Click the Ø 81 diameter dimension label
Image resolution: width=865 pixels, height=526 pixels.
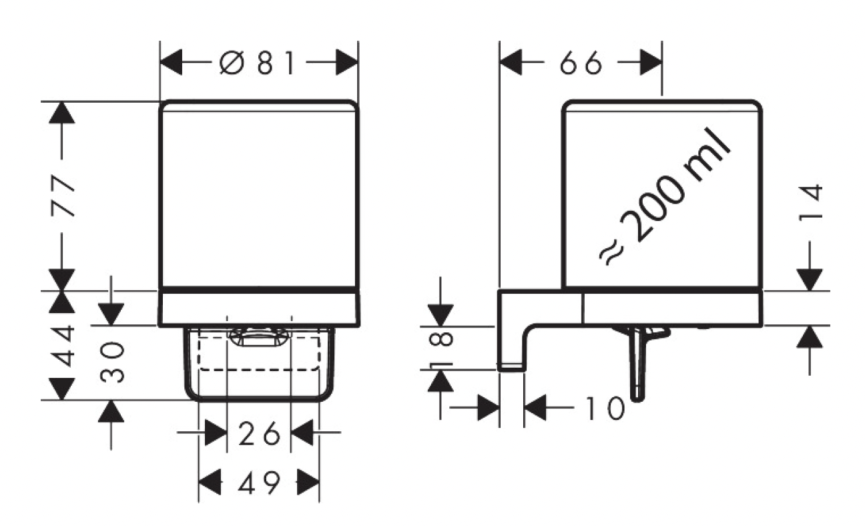point(258,62)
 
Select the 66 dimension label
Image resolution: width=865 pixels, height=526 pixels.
point(581,62)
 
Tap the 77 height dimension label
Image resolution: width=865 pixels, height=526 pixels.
point(63,196)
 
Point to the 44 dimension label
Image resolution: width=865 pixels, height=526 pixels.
point(63,345)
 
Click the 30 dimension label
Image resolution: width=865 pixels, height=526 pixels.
point(112,362)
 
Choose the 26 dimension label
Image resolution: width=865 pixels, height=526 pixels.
point(259,433)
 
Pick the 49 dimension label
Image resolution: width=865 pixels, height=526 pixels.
point(259,481)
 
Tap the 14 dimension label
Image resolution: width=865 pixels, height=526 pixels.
point(810,202)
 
